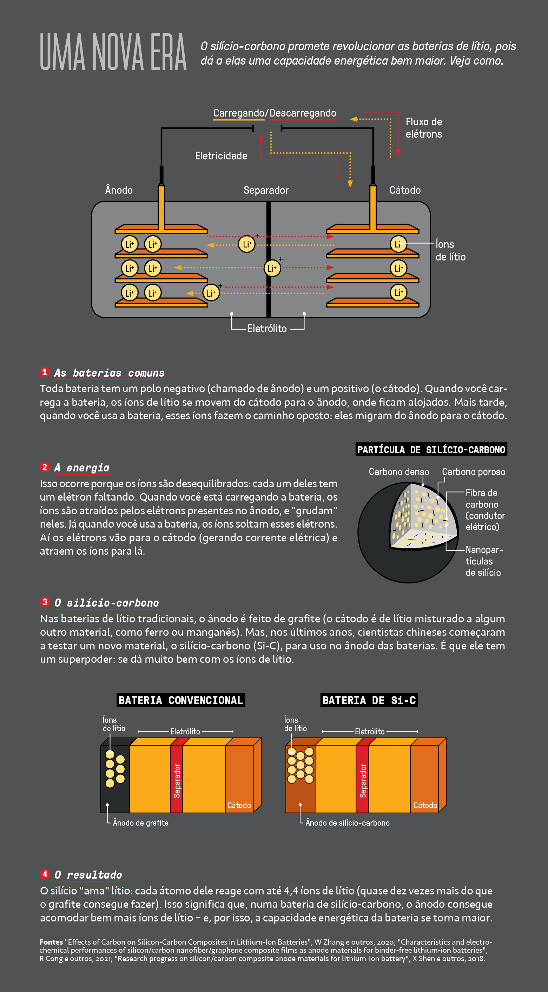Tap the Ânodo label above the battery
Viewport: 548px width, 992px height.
(x=119, y=190)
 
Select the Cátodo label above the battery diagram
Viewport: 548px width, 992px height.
(x=405, y=190)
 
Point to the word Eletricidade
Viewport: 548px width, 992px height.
(x=221, y=156)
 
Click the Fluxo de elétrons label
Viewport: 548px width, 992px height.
(x=424, y=128)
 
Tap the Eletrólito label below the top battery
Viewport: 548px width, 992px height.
(x=267, y=329)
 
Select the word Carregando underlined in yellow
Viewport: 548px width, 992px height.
(x=238, y=113)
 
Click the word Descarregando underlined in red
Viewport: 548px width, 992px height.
(x=303, y=113)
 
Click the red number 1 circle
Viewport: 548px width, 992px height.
(x=45, y=372)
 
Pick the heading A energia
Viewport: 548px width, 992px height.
(x=82, y=468)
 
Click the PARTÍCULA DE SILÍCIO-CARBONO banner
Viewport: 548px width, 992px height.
(x=431, y=449)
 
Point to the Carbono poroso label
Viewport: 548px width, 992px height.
(x=473, y=472)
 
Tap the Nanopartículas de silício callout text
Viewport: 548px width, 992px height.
(x=483, y=561)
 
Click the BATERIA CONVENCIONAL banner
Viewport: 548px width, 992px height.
(x=180, y=700)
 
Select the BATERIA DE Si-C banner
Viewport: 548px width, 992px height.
(x=369, y=700)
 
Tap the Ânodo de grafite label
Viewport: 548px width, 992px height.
(x=140, y=823)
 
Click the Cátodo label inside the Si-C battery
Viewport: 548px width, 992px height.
(x=425, y=805)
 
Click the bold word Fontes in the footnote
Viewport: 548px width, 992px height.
(x=51, y=942)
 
